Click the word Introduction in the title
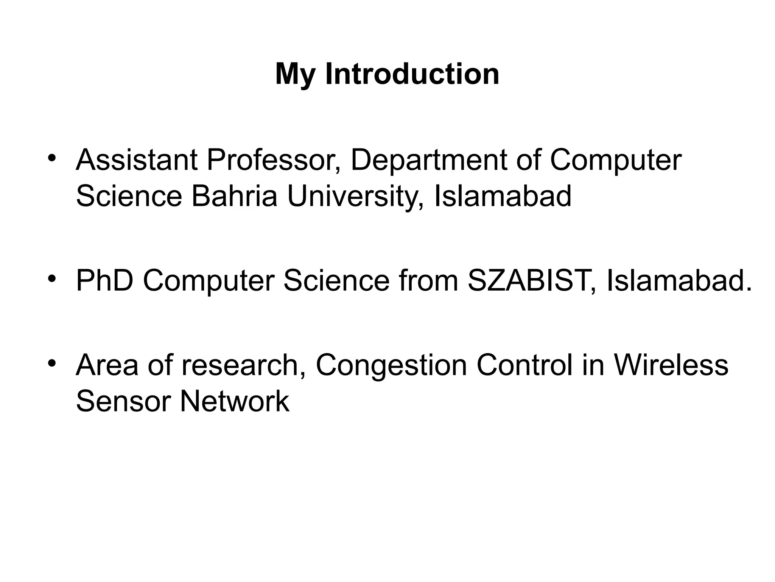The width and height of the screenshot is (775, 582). click(412, 74)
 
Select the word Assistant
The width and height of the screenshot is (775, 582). click(137, 160)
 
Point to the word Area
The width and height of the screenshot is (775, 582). click(107, 365)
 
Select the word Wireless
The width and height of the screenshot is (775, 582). click(671, 365)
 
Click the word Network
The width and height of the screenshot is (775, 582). click(235, 401)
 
